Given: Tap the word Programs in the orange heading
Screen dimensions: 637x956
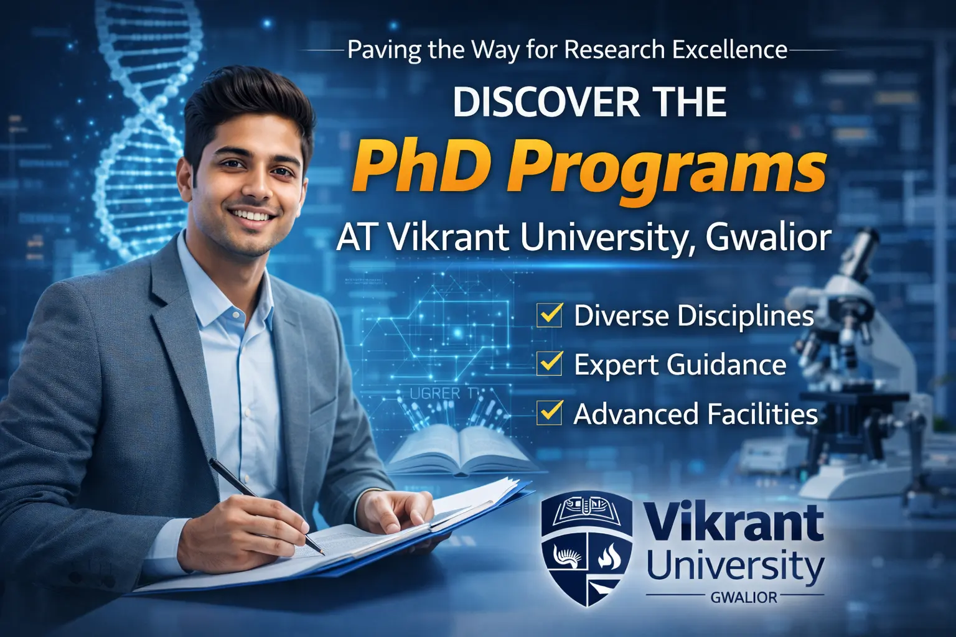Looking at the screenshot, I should tap(666, 171).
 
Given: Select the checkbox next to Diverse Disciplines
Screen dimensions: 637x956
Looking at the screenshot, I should tap(550, 315).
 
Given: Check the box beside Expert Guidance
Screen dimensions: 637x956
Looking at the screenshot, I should tap(550, 364).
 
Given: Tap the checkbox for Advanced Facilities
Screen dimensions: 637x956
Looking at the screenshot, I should tap(550, 413).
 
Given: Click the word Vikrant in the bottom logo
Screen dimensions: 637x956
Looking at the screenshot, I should tap(734, 524).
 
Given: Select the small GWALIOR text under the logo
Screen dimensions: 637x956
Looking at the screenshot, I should tap(744, 598).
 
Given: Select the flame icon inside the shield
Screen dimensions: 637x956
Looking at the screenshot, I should tap(606, 556).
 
